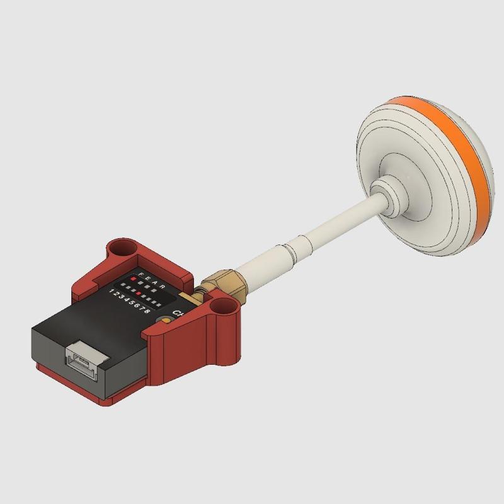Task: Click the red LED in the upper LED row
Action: pos(134,278)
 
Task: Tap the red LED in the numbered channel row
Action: pos(139,293)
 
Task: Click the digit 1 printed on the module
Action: pos(112,290)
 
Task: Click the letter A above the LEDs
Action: pos(155,283)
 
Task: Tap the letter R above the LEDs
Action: pos(163,286)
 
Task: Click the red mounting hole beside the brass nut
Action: pos(221,309)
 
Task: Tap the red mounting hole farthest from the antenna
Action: pos(123,249)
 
